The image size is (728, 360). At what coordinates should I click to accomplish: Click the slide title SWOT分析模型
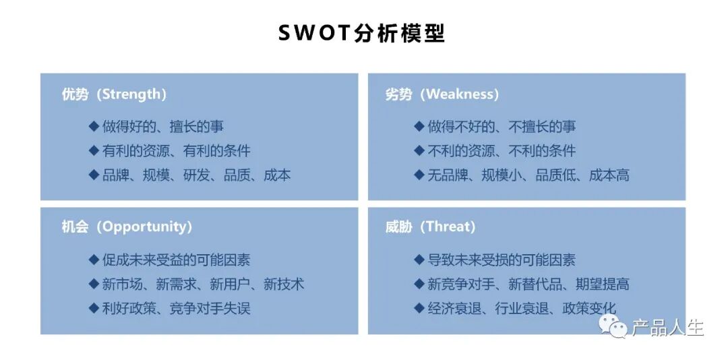pos(361,33)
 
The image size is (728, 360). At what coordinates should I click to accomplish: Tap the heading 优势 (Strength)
pos(114,94)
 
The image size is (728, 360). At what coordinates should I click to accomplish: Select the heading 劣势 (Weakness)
pos(442,94)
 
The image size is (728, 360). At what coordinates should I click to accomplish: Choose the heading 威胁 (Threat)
pos(430,227)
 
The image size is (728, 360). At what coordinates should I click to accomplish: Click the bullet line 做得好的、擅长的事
pos(162,126)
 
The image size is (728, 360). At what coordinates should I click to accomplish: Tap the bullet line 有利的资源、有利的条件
pos(176,150)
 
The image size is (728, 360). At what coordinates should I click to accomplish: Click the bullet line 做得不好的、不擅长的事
pos(502,126)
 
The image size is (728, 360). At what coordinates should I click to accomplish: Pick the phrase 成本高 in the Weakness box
pos(609,175)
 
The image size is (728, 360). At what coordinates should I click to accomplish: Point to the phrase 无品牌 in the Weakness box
pos(448,175)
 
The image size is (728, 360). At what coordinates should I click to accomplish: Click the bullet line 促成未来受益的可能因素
pos(176,260)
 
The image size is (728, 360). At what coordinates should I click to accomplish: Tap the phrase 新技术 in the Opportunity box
pos(284,284)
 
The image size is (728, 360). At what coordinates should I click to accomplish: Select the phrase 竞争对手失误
pos(210,309)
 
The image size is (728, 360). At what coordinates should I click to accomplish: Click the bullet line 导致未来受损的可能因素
pos(502,260)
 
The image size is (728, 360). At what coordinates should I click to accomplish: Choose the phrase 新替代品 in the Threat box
pos(535,284)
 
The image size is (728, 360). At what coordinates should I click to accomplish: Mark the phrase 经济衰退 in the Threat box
pos(454,309)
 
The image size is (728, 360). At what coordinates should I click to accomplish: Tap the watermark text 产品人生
pos(667,328)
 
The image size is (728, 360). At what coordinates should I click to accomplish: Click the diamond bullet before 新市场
pos(94,284)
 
